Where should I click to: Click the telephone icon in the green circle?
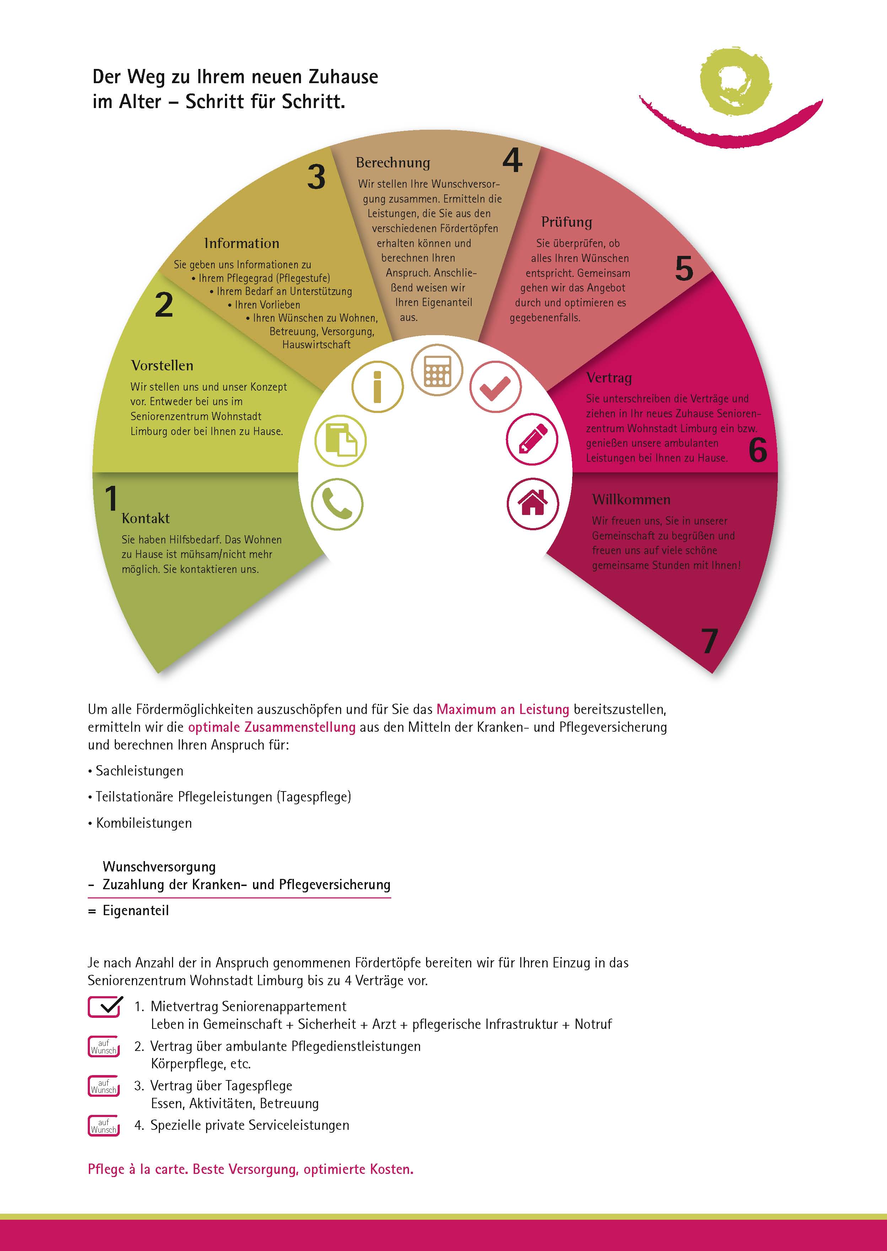tap(337, 504)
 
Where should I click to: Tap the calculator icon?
tap(437, 370)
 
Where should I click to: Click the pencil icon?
tap(532, 439)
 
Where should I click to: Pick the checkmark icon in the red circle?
tap(495, 387)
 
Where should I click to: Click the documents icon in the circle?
tap(340, 440)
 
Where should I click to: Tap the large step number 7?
tap(709, 640)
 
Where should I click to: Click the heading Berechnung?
tap(393, 163)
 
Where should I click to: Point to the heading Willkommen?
tap(631, 499)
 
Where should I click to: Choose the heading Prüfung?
tap(566, 222)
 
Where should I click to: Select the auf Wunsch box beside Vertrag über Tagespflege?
tap(104, 1086)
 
